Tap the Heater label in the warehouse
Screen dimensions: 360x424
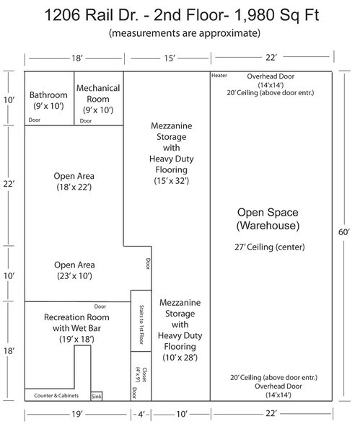219,76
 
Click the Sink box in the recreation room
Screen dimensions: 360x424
97,396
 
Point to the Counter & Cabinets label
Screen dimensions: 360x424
56,396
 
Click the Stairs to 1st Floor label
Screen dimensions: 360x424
141,324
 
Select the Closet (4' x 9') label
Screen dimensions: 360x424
141,374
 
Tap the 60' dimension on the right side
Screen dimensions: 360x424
344,232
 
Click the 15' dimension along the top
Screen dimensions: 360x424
170,58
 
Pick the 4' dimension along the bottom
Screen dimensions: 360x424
141,414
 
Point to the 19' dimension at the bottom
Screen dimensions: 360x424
77,414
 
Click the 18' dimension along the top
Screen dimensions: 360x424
77,58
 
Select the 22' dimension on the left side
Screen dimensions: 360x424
9,184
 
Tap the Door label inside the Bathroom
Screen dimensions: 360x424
35,120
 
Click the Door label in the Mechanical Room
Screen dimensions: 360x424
86,121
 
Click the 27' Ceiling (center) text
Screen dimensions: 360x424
270,247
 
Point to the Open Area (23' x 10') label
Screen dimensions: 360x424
74,270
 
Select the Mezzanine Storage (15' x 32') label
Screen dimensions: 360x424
172,154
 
